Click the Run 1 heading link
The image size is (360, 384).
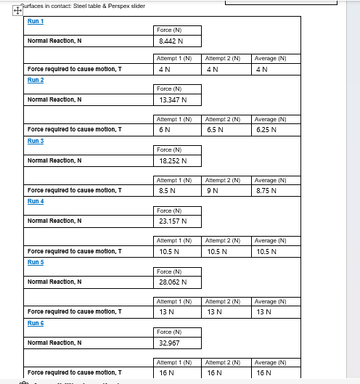click(x=36, y=21)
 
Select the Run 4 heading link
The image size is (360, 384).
click(x=36, y=201)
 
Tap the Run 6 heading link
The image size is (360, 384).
click(x=36, y=323)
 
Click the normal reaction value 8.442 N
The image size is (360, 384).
click(x=171, y=41)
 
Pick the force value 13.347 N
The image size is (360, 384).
click(x=173, y=99)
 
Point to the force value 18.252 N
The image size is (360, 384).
click(x=173, y=160)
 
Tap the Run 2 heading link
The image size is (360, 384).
click(x=36, y=80)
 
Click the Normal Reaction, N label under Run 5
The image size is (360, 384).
click(x=54, y=282)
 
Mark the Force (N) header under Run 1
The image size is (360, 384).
click(x=168, y=30)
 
